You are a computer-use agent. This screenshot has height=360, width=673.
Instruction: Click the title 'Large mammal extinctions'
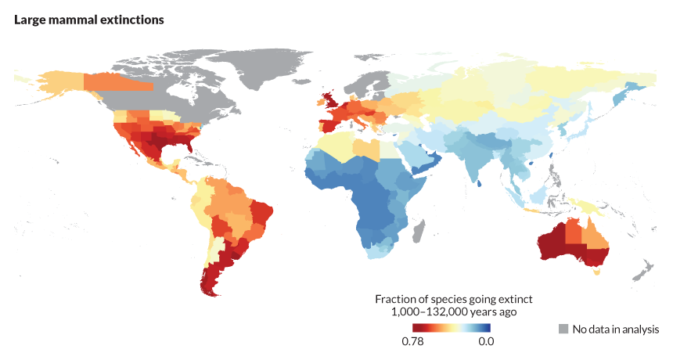click(88, 20)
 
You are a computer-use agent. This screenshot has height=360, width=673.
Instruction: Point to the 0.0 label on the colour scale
click(486, 341)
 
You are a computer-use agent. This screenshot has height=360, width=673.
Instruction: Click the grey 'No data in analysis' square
click(563, 329)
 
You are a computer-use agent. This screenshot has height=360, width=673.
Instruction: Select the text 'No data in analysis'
click(616, 329)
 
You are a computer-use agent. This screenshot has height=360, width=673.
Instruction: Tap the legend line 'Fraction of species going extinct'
click(453, 300)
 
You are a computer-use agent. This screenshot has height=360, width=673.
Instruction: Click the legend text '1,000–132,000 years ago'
click(453, 312)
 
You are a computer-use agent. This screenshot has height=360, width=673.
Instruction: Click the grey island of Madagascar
click(419, 230)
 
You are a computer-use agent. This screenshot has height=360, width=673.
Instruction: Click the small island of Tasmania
click(598, 273)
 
